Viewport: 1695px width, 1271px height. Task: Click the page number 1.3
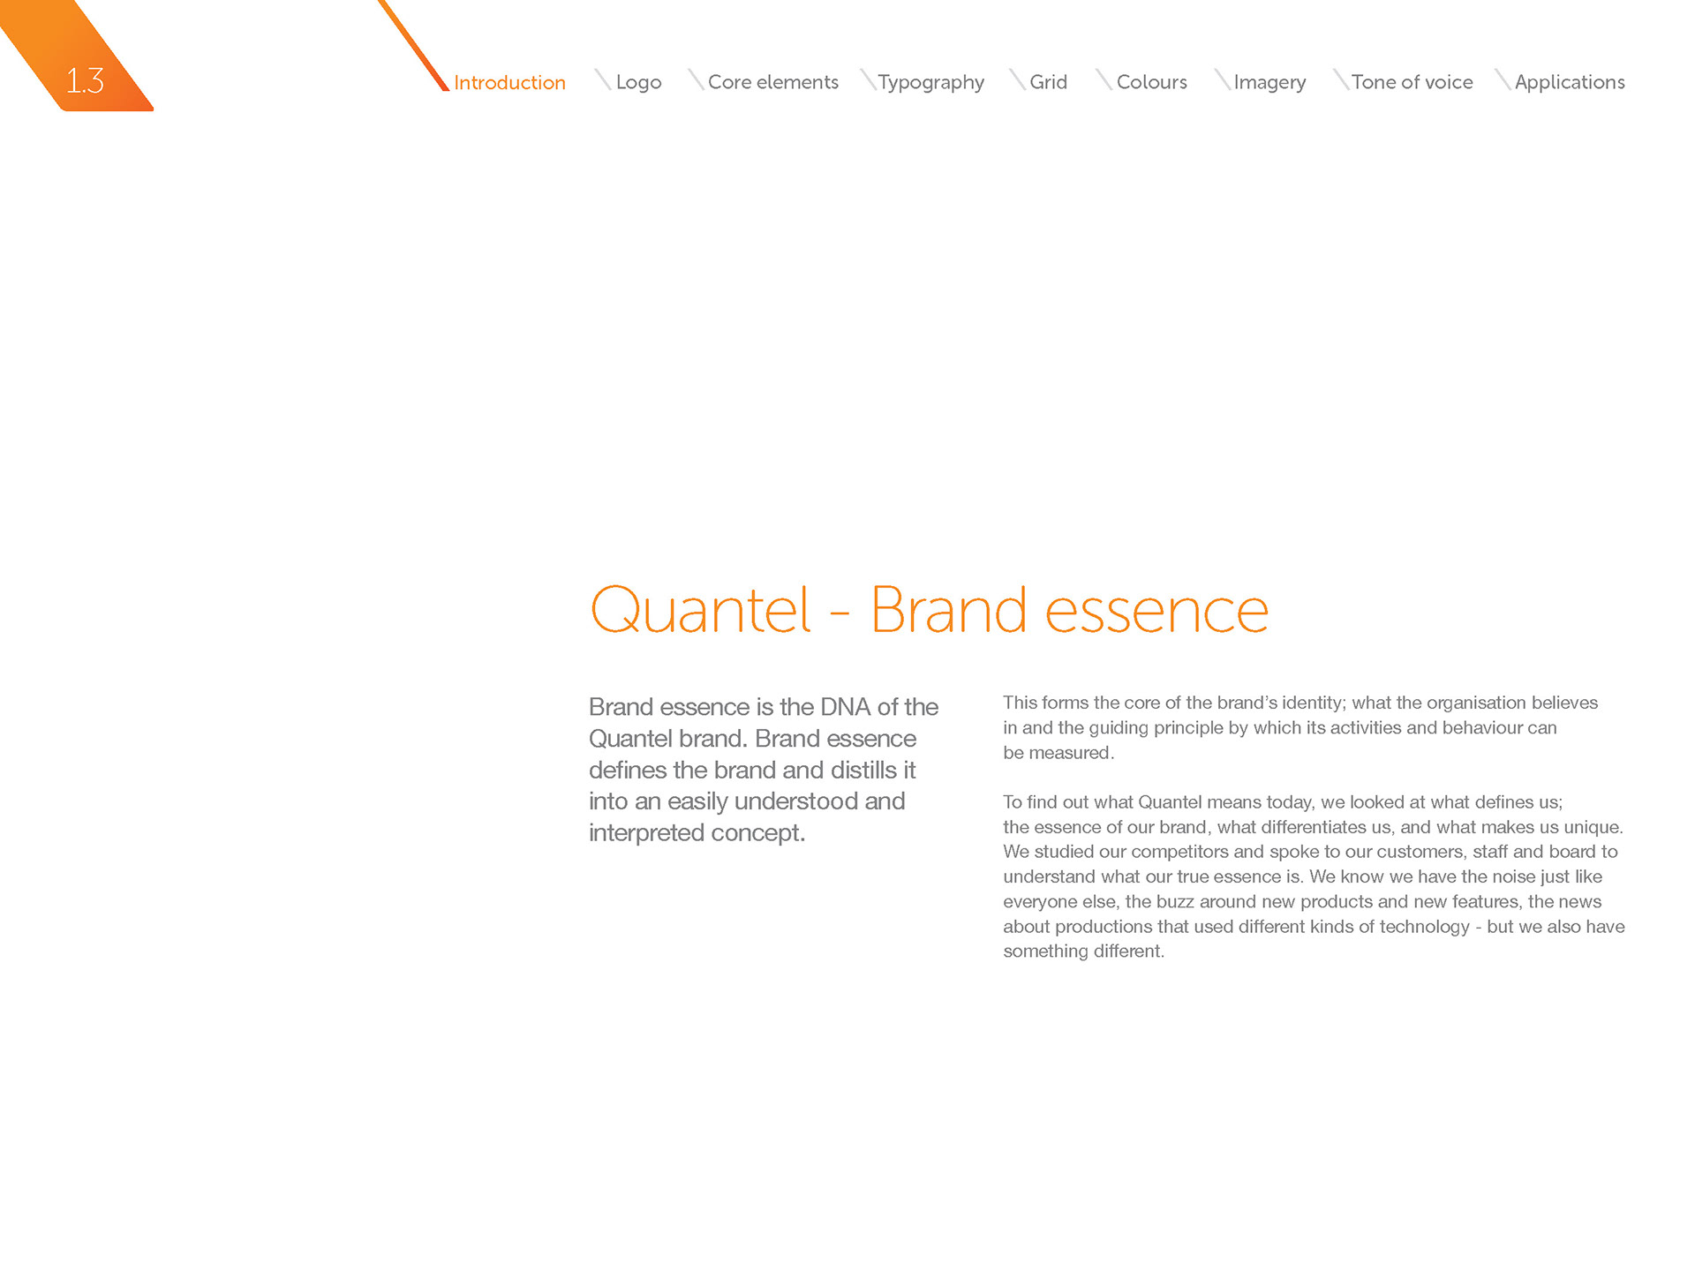(85, 81)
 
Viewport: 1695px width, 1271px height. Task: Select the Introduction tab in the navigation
(509, 82)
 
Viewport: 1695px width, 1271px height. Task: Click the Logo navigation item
(638, 82)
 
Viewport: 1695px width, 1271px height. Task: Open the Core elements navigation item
(773, 82)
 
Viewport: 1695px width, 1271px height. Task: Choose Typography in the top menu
(931, 82)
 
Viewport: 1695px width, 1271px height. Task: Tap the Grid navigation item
(1049, 82)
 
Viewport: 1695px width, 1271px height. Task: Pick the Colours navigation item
(1152, 82)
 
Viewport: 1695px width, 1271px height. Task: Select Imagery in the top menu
(1269, 82)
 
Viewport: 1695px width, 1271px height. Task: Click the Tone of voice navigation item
(1412, 82)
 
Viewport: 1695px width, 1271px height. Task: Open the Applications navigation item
(1570, 82)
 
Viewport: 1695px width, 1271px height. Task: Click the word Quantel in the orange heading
(701, 610)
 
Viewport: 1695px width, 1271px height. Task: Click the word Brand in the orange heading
(949, 610)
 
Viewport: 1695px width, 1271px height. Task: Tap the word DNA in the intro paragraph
(846, 707)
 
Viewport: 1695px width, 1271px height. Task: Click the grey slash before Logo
(603, 79)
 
